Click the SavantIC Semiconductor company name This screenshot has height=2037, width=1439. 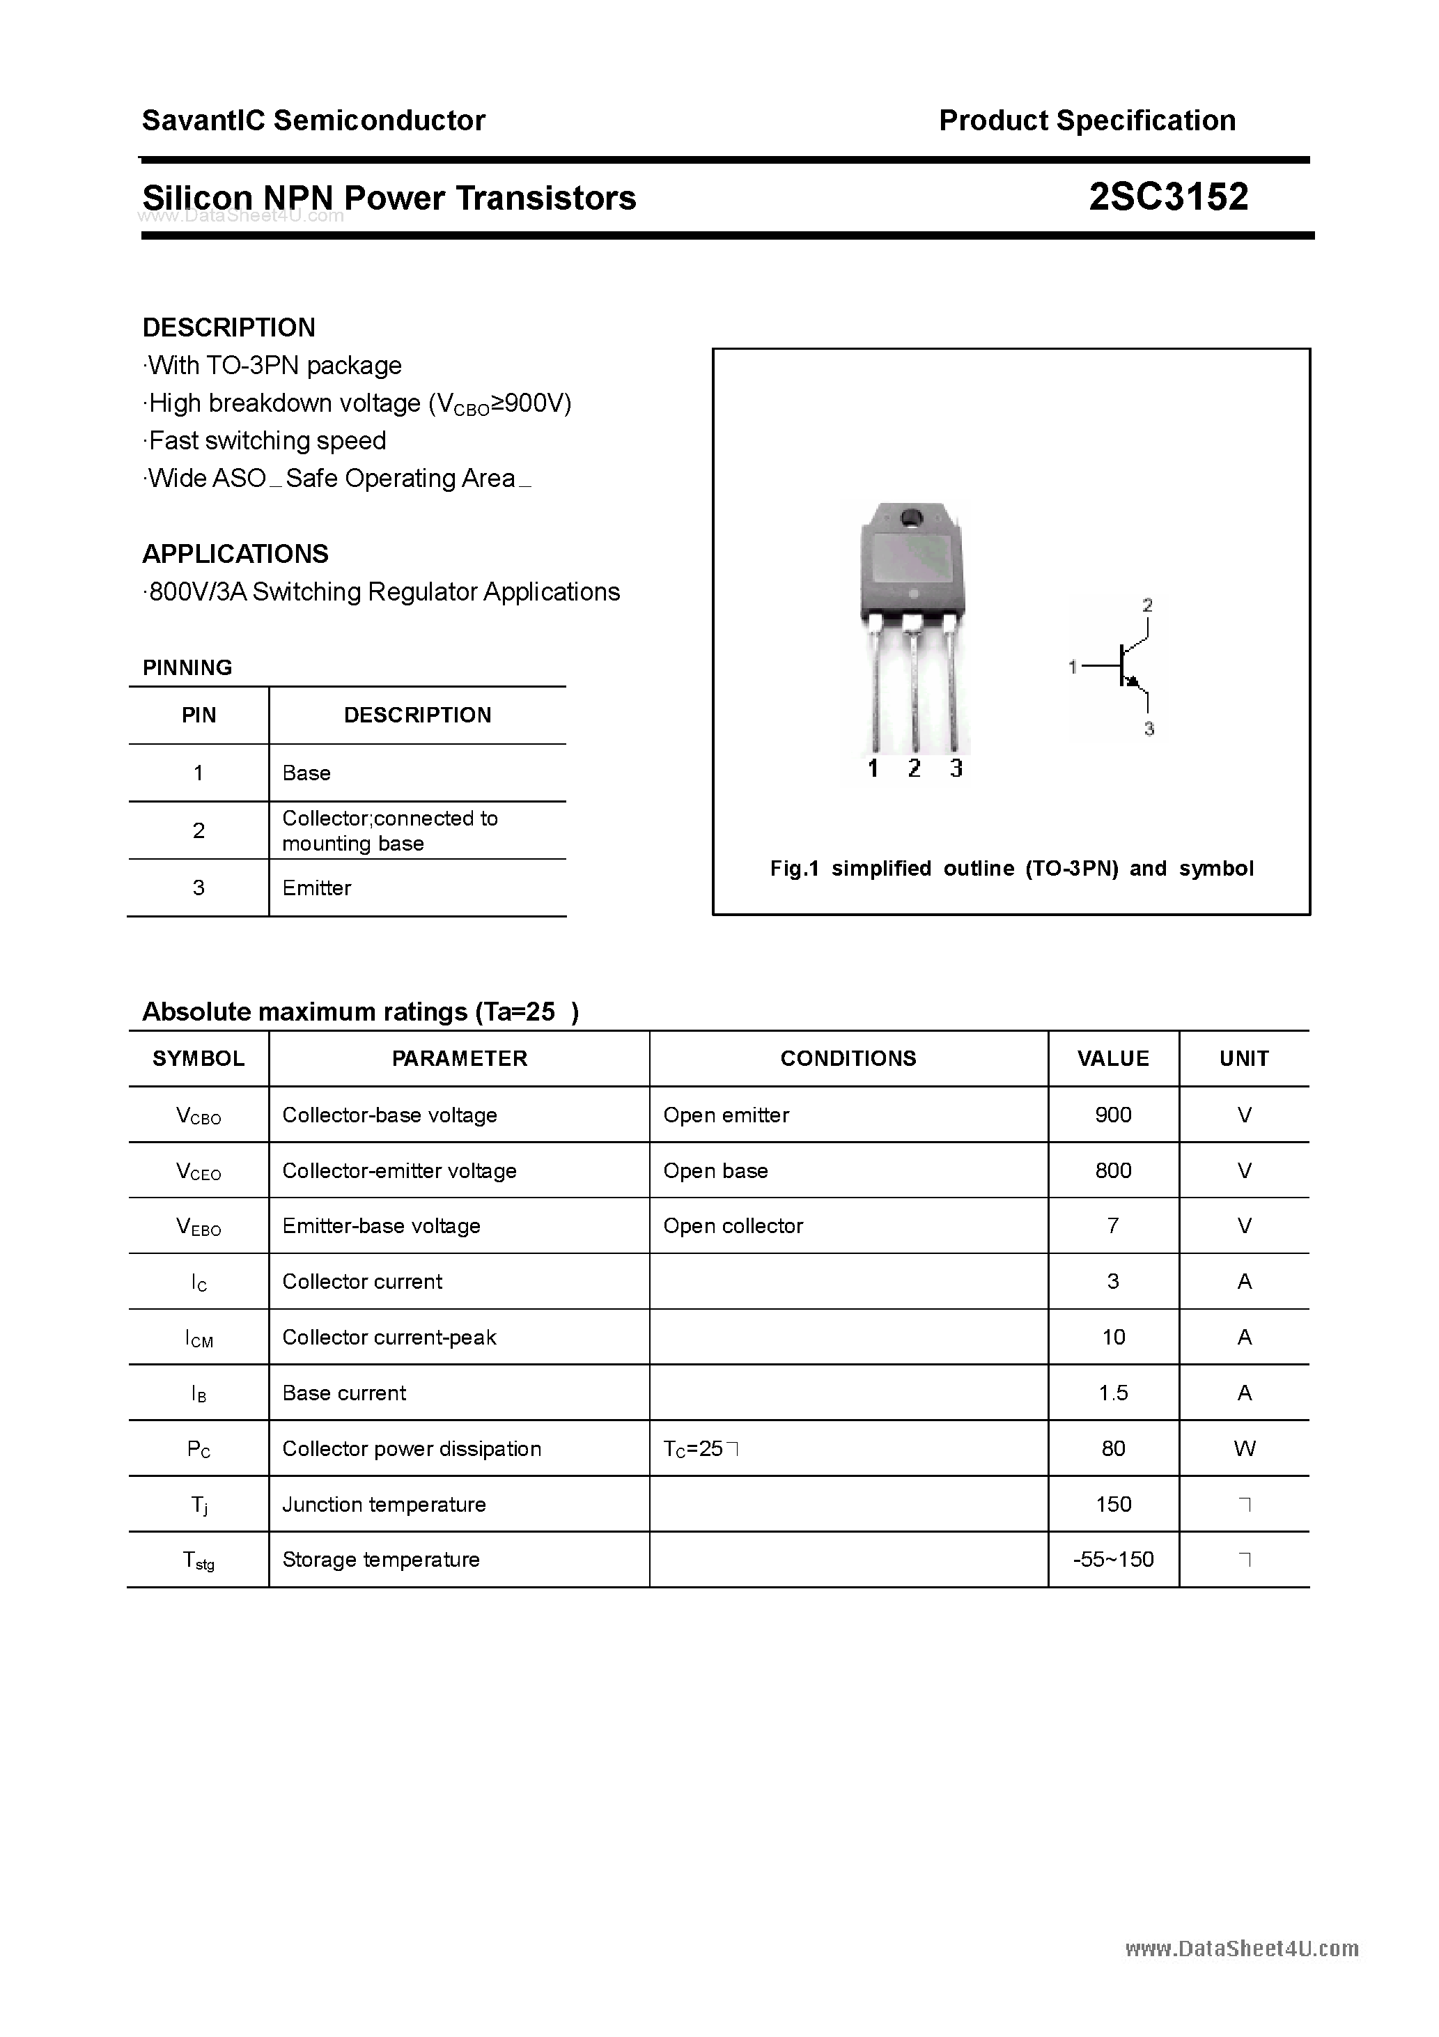(x=313, y=121)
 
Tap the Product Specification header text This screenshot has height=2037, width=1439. (x=1087, y=121)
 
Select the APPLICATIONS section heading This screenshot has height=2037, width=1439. (x=235, y=554)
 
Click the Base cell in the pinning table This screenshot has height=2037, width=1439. (x=306, y=773)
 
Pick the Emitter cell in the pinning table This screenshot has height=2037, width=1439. (x=317, y=888)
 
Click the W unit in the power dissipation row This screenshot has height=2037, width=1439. (x=1244, y=1449)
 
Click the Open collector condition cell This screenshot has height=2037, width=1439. (x=733, y=1226)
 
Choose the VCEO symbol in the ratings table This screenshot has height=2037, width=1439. (x=199, y=1172)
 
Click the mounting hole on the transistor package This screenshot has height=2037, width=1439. (x=910, y=517)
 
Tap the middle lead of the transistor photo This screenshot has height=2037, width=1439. (x=913, y=692)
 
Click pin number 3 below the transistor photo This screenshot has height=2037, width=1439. (x=956, y=768)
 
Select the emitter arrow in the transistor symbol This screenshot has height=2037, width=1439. (x=1132, y=681)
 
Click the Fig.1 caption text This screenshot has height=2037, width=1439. (x=1011, y=869)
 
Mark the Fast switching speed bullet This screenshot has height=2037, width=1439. (x=266, y=441)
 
